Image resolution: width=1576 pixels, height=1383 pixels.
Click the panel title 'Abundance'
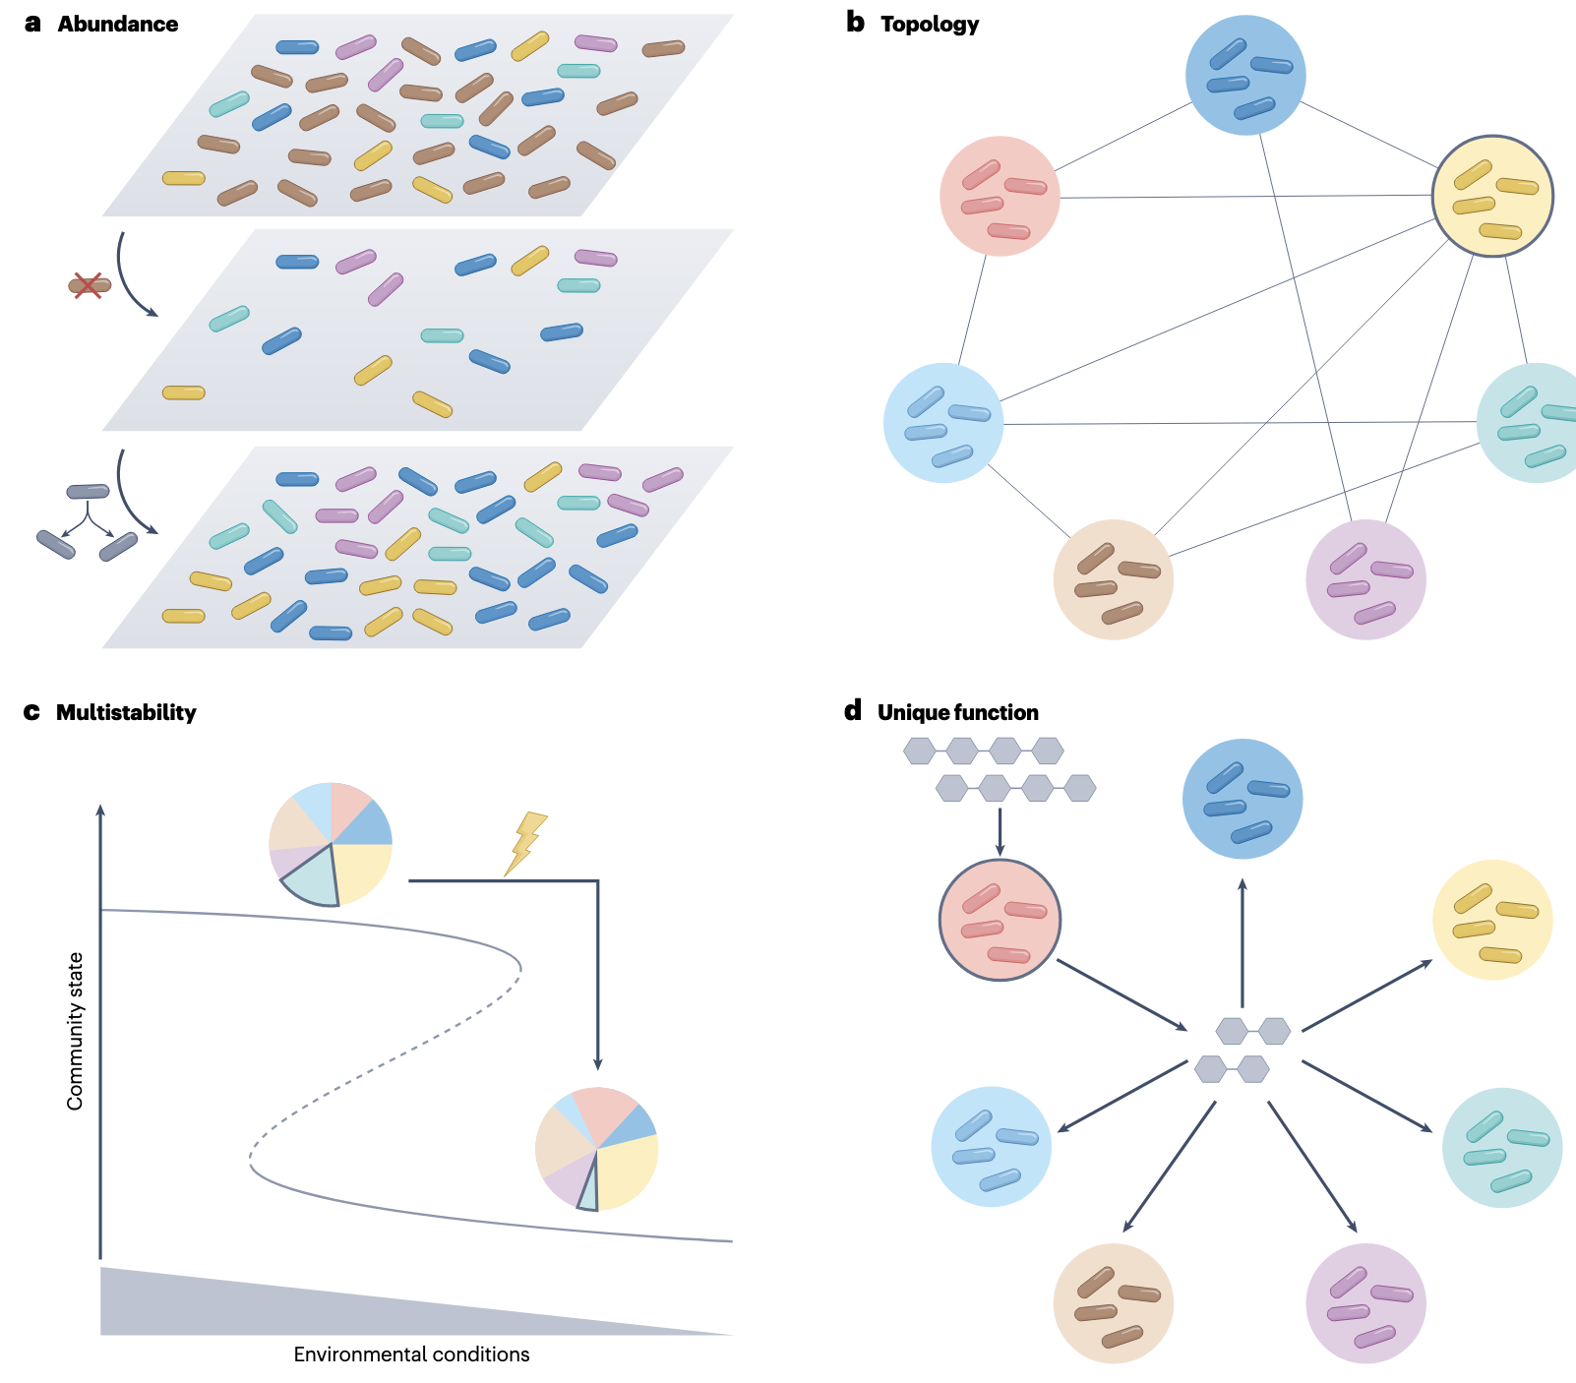point(117,25)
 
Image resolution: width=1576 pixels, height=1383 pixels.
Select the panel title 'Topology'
point(929,25)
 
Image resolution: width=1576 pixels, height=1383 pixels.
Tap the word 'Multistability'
point(126,713)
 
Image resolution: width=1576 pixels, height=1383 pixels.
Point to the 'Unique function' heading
point(957,713)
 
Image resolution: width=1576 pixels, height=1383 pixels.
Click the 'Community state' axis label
point(76,1031)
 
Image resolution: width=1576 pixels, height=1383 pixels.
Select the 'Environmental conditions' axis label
point(411,1354)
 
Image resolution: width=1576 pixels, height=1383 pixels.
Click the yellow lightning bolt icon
point(525,843)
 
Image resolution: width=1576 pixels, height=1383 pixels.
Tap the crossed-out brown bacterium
point(89,286)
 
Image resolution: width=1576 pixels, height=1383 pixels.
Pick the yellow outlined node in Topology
point(1491,196)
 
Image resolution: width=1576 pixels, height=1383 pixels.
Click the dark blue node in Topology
point(1245,75)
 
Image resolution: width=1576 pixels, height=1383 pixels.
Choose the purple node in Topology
point(1365,579)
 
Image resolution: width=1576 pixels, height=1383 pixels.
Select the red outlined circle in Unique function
point(1000,920)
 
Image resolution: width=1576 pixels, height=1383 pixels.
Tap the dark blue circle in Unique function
point(1243,799)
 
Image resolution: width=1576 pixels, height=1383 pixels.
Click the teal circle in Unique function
point(1501,1147)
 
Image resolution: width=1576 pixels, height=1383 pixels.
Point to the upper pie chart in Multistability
point(331,844)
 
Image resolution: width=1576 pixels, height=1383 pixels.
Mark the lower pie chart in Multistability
point(596,1149)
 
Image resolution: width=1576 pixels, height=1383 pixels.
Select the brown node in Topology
point(1113,579)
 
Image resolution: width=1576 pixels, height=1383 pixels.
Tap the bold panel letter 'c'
point(31,712)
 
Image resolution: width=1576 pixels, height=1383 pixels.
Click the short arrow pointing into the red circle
point(1000,832)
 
